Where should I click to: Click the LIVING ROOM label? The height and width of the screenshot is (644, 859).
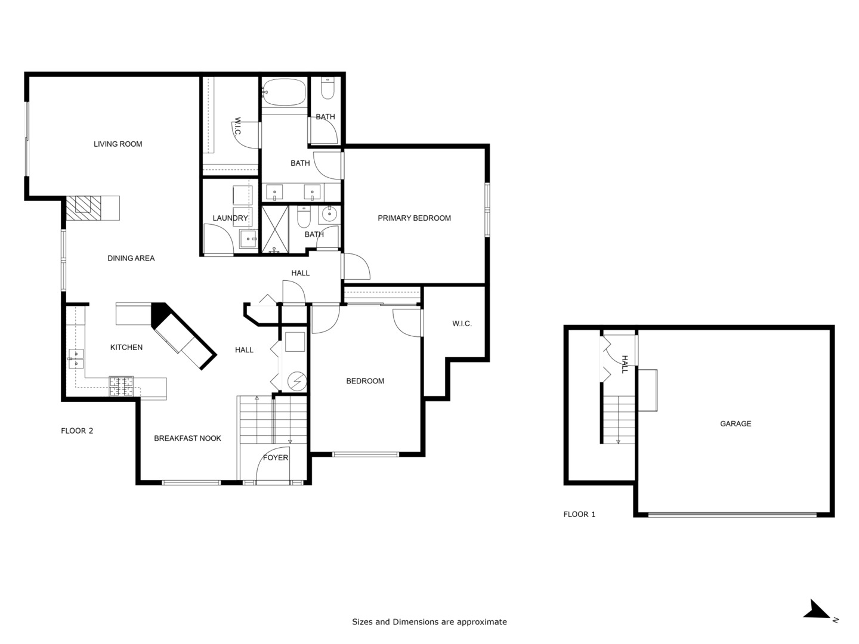[118, 144]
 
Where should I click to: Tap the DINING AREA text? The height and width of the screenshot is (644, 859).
[131, 258]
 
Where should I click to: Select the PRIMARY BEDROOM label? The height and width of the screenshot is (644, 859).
[414, 218]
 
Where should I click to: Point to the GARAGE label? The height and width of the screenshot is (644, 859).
[735, 424]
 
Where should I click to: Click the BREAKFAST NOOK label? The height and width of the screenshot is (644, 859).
[187, 438]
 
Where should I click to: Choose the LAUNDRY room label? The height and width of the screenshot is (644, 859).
[230, 218]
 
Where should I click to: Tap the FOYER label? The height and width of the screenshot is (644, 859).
[275, 458]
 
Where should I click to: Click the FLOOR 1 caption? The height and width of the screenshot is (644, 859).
[579, 514]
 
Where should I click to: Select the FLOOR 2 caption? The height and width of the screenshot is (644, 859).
[77, 431]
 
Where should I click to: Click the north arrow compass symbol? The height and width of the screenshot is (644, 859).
[817, 610]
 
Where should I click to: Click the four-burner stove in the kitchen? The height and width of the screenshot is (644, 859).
[121, 386]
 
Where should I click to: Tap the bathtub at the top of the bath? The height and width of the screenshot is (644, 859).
[284, 92]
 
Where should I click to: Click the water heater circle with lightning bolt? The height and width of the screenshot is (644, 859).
[296, 380]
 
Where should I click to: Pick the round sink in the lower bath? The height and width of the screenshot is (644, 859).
[329, 213]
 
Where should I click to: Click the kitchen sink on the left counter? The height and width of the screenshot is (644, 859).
[76, 358]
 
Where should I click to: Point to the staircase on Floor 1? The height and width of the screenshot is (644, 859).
[619, 419]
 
